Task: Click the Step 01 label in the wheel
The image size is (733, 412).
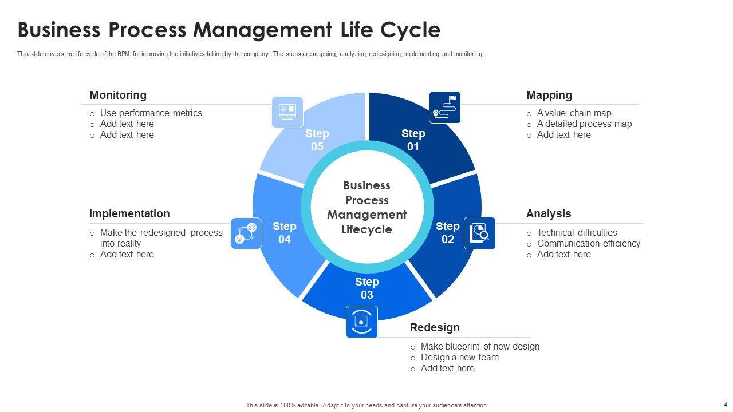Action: click(413, 140)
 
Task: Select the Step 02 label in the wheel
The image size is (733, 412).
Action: click(447, 233)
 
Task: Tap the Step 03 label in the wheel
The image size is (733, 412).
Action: click(366, 288)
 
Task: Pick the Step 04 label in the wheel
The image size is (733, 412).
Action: click(285, 233)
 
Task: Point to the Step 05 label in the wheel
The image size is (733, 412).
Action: click(317, 140)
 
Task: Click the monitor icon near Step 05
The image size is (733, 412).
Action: click(287, 112)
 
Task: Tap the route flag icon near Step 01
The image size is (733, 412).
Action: click(444, 107)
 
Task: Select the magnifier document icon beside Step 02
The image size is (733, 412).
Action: click(479, 233)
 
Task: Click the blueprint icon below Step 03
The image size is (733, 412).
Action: click(361, 322)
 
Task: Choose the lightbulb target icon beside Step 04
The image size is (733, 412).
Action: click(246, 233)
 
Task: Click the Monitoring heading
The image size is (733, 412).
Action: click(118, 95)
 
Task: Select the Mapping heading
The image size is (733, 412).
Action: click(549, 95)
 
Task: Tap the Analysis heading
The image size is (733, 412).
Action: click(549, 213)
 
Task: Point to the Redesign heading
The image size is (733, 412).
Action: click(435, 327)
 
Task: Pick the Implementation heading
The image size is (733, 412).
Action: click(129, 213)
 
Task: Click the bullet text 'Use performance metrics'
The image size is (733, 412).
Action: click(151, 113)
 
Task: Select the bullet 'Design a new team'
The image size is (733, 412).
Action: click(459, 357)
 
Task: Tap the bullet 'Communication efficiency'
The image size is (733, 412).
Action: click(588, 243)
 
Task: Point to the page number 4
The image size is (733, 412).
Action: click(725, 404)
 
